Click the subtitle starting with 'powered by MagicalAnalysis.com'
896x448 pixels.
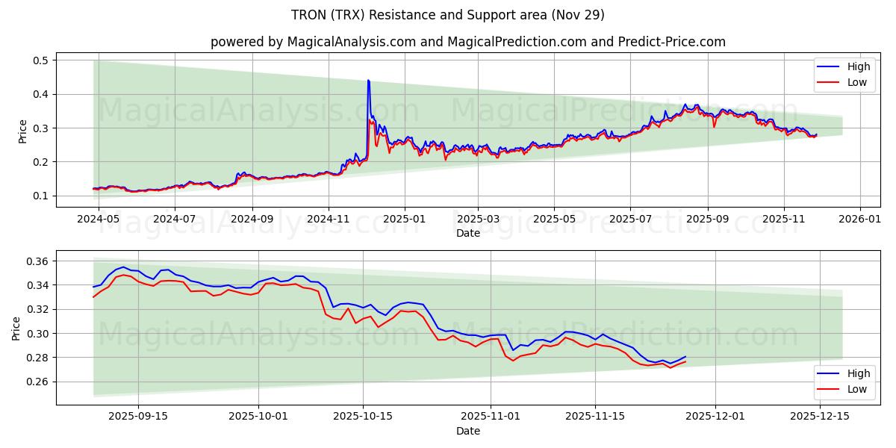tap(468, 42)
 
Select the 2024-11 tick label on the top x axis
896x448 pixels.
tap(329, 220)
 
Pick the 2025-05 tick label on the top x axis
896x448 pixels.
tap(554, 220)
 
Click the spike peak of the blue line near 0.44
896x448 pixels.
tap(368, 80)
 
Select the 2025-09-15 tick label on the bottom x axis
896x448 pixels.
tap(137, 417)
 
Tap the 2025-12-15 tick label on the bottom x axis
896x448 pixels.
tap(820, 417)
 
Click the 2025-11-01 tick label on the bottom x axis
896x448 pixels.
tap(491, 417)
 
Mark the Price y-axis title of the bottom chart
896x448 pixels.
tap(17, 328)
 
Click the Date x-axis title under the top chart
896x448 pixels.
tap(468, 234)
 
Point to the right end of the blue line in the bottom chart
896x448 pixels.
tap(685, 357)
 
